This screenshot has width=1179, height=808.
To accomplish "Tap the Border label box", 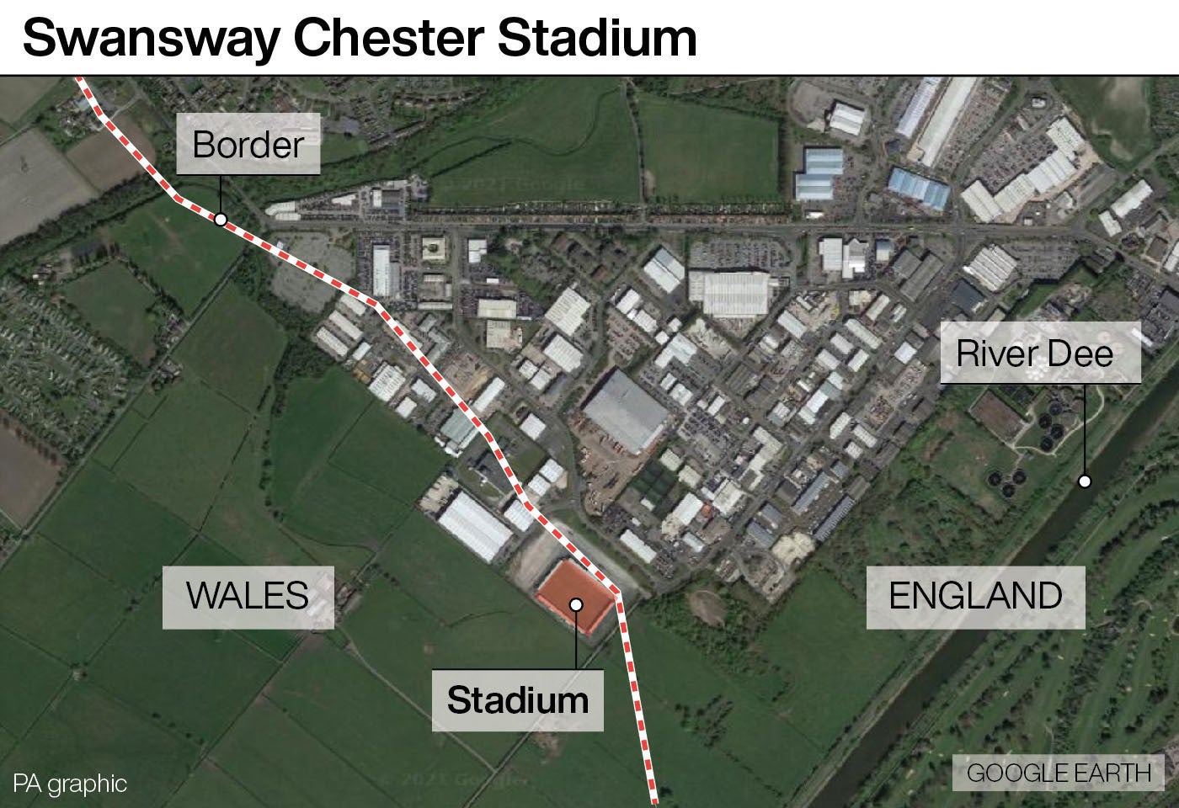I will [248, 144].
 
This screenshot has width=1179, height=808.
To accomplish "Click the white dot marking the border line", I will [221, 220].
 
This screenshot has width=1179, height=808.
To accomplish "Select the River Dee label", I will [1035, 353].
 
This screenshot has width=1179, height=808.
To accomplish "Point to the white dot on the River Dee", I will [1085, 481].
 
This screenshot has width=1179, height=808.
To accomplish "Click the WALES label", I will [248, 596].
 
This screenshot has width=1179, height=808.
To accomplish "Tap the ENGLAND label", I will [975, 596].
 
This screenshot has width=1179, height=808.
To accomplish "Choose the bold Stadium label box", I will [517, 700].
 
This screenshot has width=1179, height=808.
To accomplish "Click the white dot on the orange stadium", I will [576, 604].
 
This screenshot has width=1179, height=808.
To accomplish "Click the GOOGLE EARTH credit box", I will [1058, 773].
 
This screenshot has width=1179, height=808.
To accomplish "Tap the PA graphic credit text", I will [70, 784].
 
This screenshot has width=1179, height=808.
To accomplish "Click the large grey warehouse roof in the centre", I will [625, 410].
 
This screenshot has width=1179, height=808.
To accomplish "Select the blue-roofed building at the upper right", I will [920, 188].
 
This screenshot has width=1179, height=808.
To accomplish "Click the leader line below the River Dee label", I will [1085, 429].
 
